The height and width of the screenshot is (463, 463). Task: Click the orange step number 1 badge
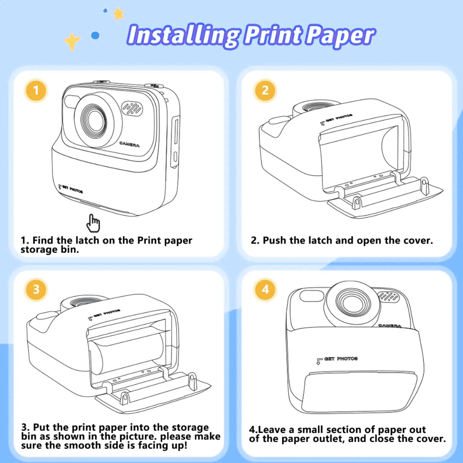[x=36, y=90]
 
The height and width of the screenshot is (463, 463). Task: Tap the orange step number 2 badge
[x=265, y=90]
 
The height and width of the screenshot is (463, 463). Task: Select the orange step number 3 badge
[x=36, y=289]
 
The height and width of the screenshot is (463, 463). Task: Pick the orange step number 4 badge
[x=265, y=289]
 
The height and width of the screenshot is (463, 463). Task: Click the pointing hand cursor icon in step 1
[x=93, y=223]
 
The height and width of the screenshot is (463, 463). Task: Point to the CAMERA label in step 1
[x=129, y=145]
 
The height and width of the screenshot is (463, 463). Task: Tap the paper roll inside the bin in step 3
[x=129, y=347]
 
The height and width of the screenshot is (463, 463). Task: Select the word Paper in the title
[x=342, y=36]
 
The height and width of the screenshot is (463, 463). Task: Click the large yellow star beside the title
[x=72, y=42]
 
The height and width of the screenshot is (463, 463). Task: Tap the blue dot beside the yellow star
[x=95, y=36]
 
